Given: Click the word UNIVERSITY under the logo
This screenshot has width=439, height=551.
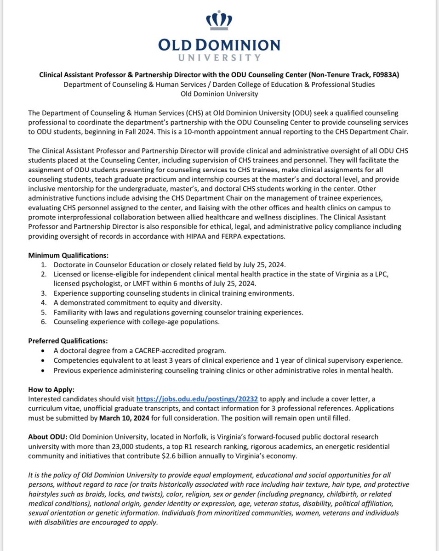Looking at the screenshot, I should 219,58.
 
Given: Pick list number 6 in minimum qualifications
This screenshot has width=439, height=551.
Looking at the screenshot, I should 44,321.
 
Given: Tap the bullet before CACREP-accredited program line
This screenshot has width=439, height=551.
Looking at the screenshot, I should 43,351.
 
